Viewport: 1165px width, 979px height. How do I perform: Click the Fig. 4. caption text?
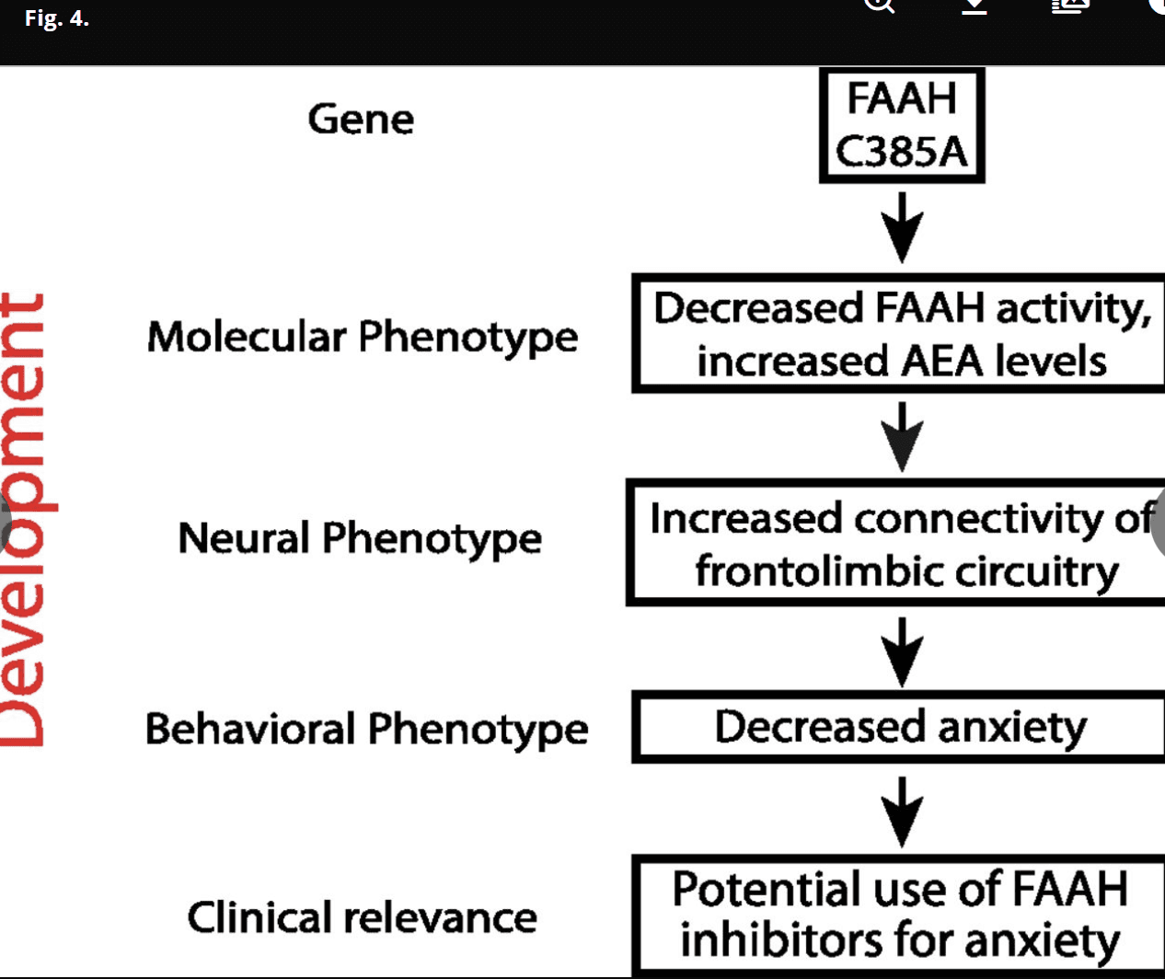(57, 18)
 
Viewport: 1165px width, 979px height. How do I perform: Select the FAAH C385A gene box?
(902, 125)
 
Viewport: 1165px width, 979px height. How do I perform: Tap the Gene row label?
(361, 120)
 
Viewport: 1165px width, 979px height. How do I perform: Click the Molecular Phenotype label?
(363, 337)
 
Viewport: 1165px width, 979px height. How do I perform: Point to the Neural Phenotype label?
(360, 538)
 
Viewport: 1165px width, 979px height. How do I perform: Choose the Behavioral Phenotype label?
(366, 729)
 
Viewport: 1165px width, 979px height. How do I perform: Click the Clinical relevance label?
(362, 917)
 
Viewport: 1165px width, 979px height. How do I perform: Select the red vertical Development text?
(24, 520)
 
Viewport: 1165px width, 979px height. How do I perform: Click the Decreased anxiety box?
(900, 727)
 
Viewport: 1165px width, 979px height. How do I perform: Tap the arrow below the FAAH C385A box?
(903, 227)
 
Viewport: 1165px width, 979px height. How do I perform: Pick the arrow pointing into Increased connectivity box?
(903, 437)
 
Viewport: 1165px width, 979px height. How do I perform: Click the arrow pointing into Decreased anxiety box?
(903, 651)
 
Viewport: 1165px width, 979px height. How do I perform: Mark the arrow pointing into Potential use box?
(903, 812)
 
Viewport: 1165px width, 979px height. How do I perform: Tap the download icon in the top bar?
(975, 6)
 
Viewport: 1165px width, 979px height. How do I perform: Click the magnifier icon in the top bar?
(879, 6)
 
